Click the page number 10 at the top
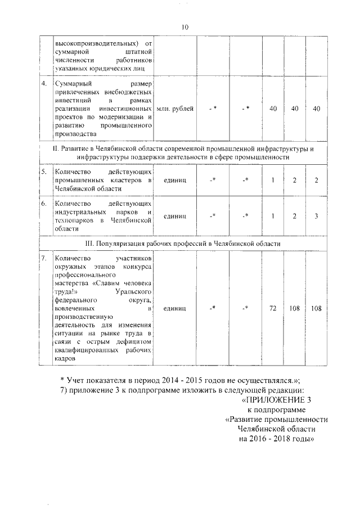click(185, 27)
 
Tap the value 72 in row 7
click(273, 308)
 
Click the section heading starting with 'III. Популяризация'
click(182, 243)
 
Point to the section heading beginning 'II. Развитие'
click(182, 148)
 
